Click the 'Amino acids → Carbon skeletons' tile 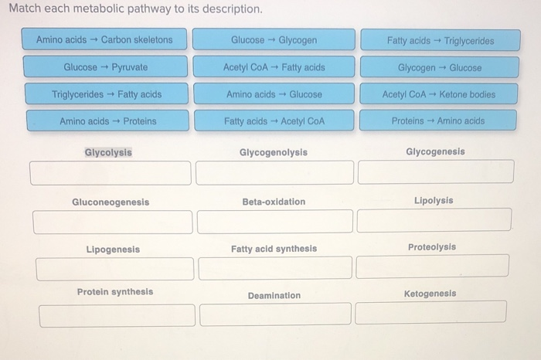click(105, 40)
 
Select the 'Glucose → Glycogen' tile click(274, 40)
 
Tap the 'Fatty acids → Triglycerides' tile click(440, 40)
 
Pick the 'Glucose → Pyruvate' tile click(105, 67)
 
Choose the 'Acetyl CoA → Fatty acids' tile click(274, 67)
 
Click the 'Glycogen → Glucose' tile click(440, 67)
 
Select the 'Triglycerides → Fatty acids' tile click(107, 94)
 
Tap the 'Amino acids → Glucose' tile click(274, 94)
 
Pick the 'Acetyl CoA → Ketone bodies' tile click(439, 94)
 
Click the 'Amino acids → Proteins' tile click(107, 121)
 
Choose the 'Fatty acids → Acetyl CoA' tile click(274, 121)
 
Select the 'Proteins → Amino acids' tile click(437, 121)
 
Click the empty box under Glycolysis click(110, 173)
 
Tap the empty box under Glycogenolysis click(274, 173)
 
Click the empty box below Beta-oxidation click(275, 222)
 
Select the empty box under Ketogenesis click(430, 312)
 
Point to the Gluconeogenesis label click(111, 202)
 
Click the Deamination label click(274, 296)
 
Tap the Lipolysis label click(434, 201)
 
